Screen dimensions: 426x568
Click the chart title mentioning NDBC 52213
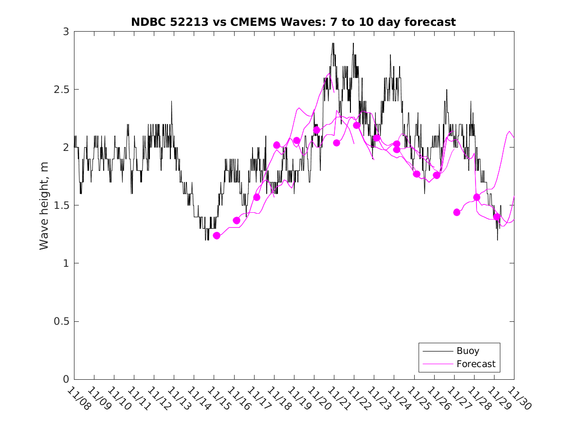[293, 22]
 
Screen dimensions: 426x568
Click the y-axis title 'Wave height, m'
[44, 205]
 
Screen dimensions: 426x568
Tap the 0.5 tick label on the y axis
[62, 321]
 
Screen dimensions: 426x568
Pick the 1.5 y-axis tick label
[62, 205]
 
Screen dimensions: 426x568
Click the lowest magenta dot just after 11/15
[217, 236]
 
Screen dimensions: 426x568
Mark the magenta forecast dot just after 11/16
[237, 221]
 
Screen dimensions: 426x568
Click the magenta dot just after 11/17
[257, 197]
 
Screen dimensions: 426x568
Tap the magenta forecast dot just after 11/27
[457, 212]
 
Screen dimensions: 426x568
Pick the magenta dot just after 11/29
[496, 217]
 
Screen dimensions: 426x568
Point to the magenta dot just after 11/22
[356, 125]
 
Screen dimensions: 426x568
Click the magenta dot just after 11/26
[437, 175]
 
